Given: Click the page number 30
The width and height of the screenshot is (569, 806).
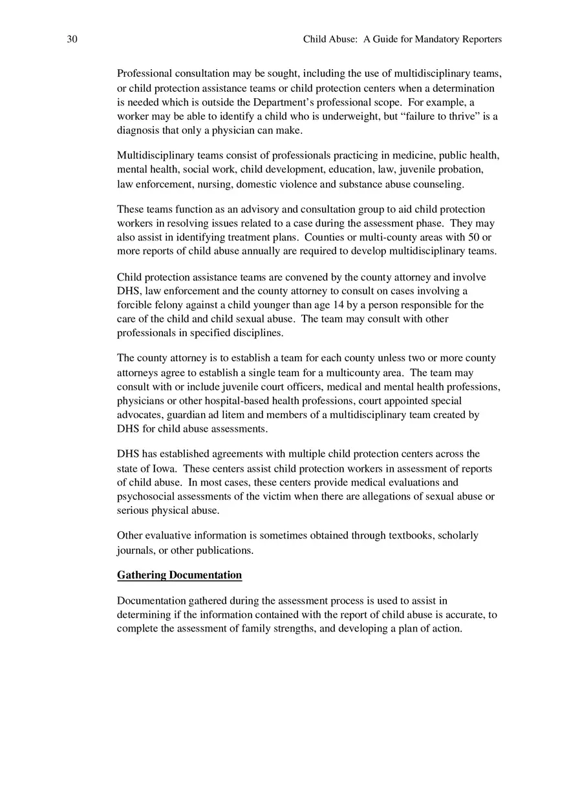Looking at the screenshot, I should pyautogui.click(x=72, y=39).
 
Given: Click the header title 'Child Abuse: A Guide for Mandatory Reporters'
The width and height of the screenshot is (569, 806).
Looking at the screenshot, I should pyautogui.click(x=402, y=39).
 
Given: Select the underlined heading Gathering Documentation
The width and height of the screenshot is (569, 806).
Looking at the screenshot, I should pyautogui.click(x=179, y=575).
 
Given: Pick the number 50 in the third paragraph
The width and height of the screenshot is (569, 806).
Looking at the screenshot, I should pyautogui.click(x=472, y=237).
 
